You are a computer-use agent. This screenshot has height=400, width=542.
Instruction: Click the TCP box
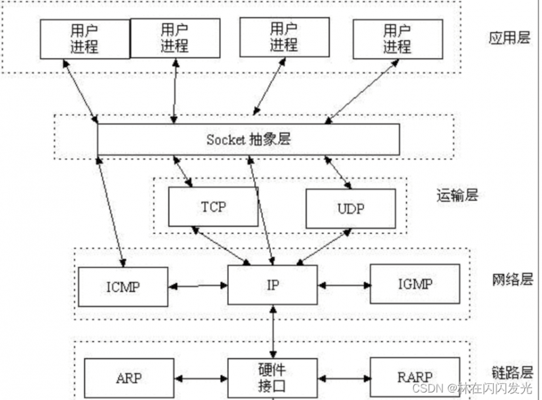click(213, 206)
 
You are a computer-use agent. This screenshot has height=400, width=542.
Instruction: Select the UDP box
click(350, 209)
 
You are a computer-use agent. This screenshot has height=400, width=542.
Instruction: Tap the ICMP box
click(123, 286)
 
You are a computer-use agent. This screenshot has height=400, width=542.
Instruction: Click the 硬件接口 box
click(272, 378)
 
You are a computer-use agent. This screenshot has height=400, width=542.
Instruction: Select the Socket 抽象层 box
click(248, 139)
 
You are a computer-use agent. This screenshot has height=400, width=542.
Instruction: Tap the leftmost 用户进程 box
click(85, 39)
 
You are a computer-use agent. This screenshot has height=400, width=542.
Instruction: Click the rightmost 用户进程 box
click(396, 39)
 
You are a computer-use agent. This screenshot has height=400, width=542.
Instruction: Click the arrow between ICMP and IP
click(197, 286)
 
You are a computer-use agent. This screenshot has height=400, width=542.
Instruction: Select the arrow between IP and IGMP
click(343, 285)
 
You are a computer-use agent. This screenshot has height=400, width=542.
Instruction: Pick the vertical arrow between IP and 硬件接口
click(273, 332)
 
